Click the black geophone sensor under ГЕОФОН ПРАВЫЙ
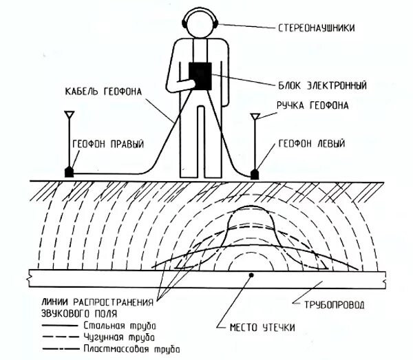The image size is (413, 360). [70, 171]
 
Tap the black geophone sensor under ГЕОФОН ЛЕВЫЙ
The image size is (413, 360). [255, 174]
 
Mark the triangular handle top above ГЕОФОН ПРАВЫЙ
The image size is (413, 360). [70, 114]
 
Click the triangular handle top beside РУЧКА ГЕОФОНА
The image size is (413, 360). [255, 116]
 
